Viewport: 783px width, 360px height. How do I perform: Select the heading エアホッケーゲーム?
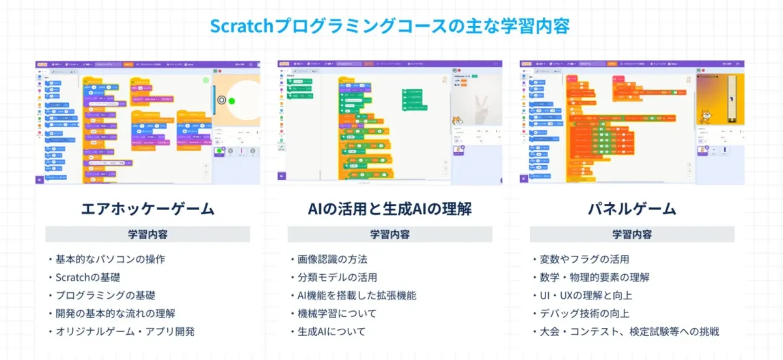(147, 209)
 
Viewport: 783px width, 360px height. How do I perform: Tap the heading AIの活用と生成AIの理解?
(390, 209)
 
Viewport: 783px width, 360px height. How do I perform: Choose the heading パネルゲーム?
(632, 209)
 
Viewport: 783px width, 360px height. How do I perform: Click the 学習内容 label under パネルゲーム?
(632, 234)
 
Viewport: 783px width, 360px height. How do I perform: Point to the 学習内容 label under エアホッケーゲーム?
(147, 234)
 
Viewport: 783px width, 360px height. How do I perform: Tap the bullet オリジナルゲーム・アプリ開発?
(123, 331)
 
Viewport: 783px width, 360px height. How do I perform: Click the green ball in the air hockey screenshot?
(232, 100)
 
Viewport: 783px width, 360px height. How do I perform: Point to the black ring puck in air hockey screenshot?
(222, 100)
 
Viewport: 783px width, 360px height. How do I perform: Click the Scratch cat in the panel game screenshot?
(705, 117)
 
